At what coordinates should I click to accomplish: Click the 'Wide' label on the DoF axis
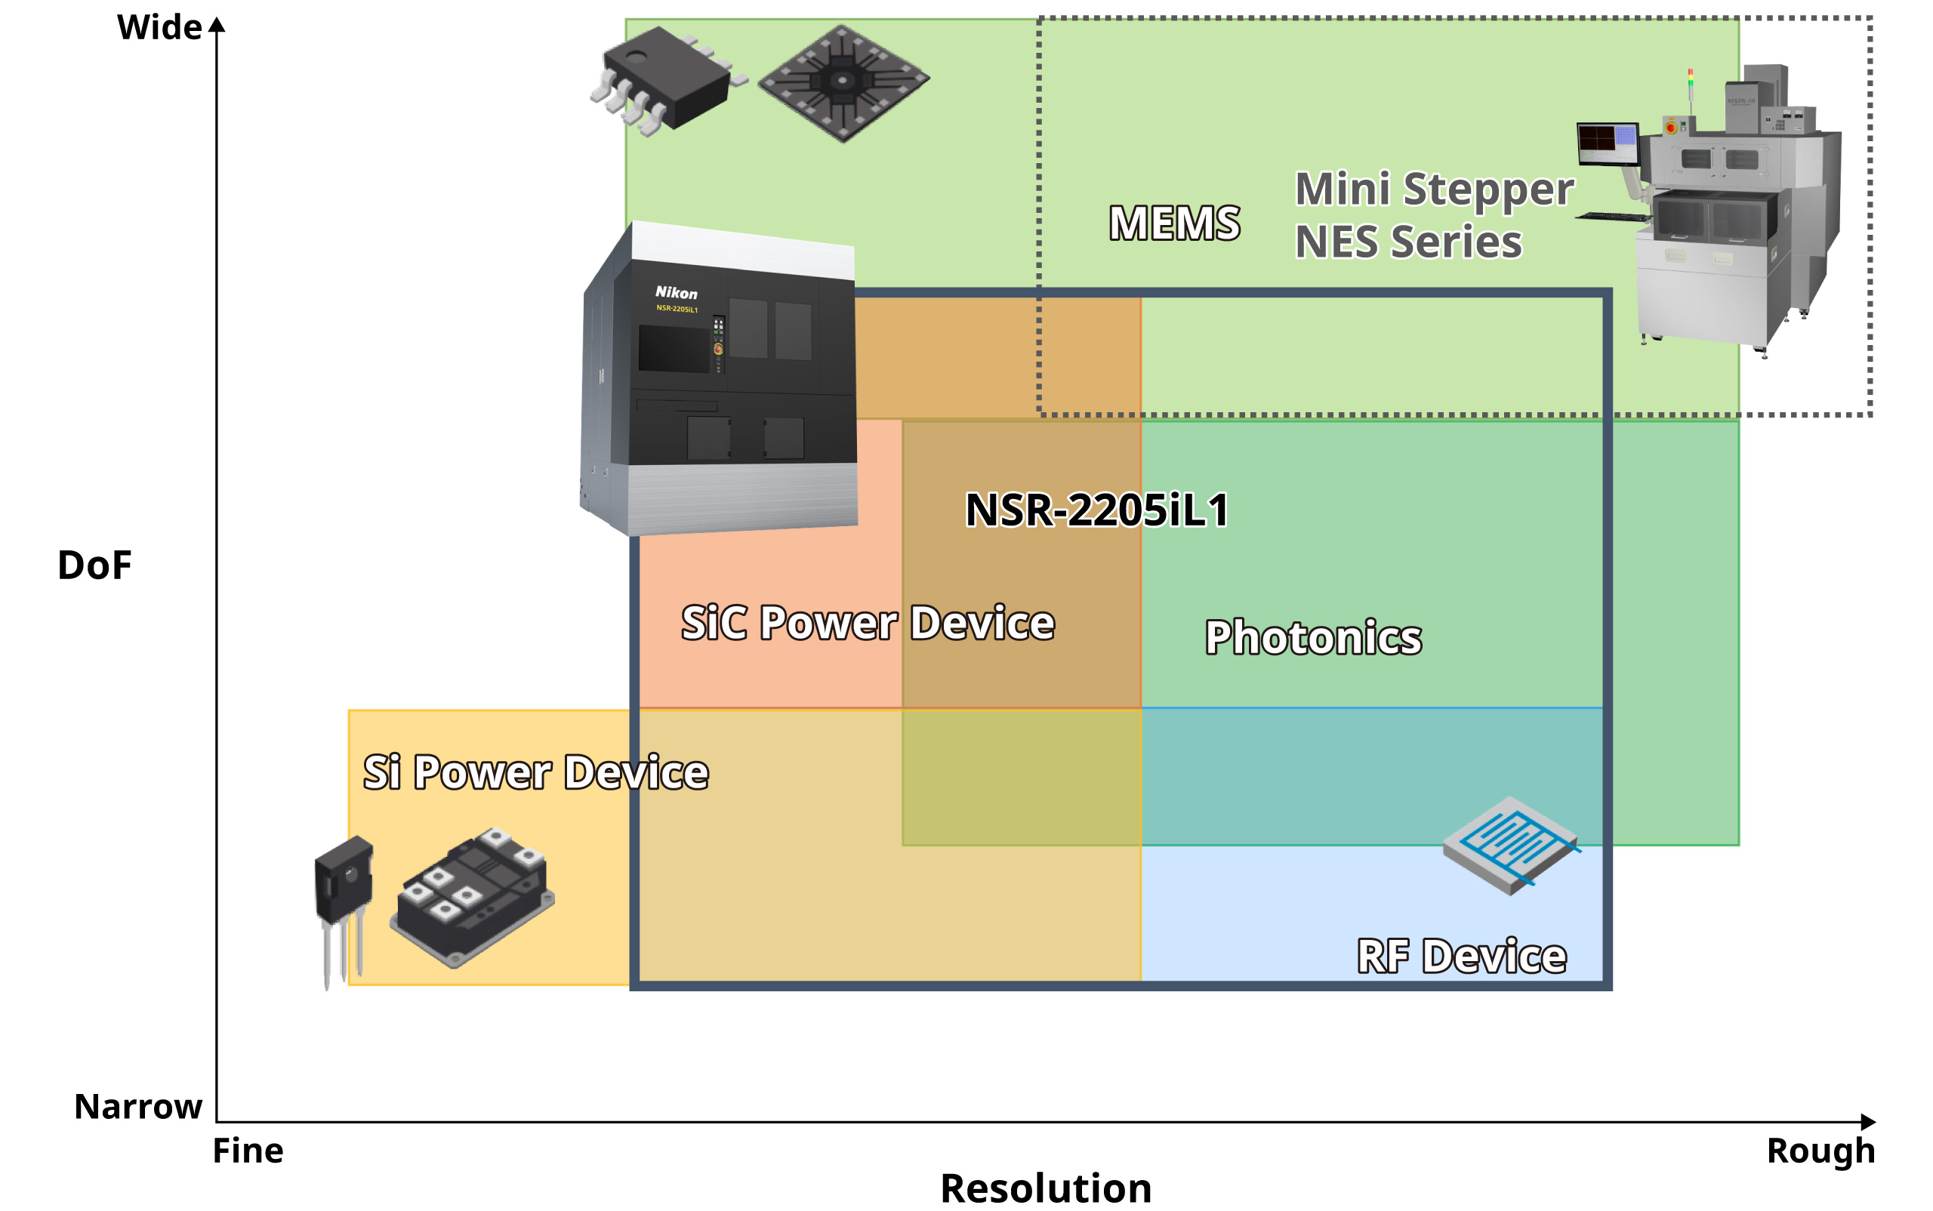(x=159, y=28)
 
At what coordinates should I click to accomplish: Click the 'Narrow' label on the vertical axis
(x=137, y=1106)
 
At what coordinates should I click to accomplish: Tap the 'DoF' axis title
(x=94, y=565)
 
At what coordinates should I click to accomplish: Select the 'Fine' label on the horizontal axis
(x=248, y=1151)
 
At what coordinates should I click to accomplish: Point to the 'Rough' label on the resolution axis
(x=1820, y=1151)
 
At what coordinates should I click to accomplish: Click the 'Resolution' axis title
(x=1046, y=1188)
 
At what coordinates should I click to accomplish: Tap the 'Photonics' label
(x=1313, y=637)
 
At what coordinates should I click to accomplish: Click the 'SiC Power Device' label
(x=868, y=623)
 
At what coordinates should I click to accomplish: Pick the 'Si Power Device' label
(x=535, y=772)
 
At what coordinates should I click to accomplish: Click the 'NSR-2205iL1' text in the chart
(x=1096, y=510)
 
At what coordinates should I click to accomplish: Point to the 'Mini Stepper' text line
(x=1434, y=190)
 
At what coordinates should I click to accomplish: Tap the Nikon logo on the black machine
(x=676, y=292)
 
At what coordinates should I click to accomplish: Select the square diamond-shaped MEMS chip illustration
(x=843, y=82)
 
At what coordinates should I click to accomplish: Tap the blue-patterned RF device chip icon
(x=1510, y=845)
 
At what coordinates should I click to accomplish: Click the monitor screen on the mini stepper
(x=1606, y=142)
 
